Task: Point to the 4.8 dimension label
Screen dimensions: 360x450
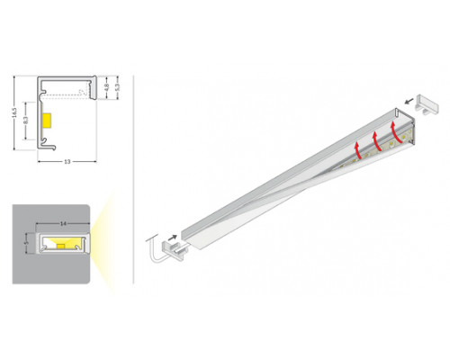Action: tap(107, 87)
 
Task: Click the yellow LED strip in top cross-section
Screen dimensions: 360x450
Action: tap(49, 120)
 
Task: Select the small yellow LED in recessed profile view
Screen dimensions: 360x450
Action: tap(60, 244)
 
